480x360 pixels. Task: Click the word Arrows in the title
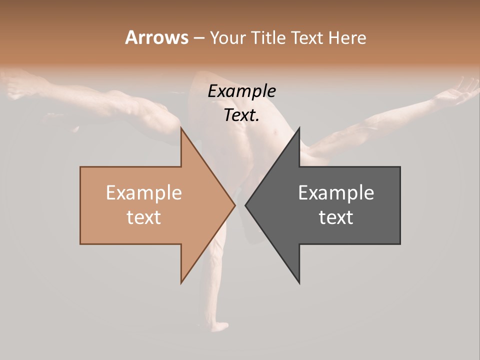pyautogui.click(x=156, y=37)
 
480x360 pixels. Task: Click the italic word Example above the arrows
pyautogui.click(x=241, y=91)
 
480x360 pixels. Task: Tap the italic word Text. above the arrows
pyautogui.click(x=241, y=115)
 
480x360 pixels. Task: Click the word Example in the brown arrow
pyautogui.click(x=144, y=193)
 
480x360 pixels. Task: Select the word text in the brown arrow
pyautogui.click(x=144, y=217)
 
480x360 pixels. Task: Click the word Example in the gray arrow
pyautogui.click(x=336, y=193)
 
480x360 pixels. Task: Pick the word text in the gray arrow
pyautogui.click(x=336, y=217)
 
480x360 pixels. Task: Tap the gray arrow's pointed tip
pyautogui.click(x=246, y=205)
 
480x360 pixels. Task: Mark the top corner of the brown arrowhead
pyautogui.click(x=181, y=128)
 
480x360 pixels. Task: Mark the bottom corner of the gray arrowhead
pyautogui.click(x=299, y=282)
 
